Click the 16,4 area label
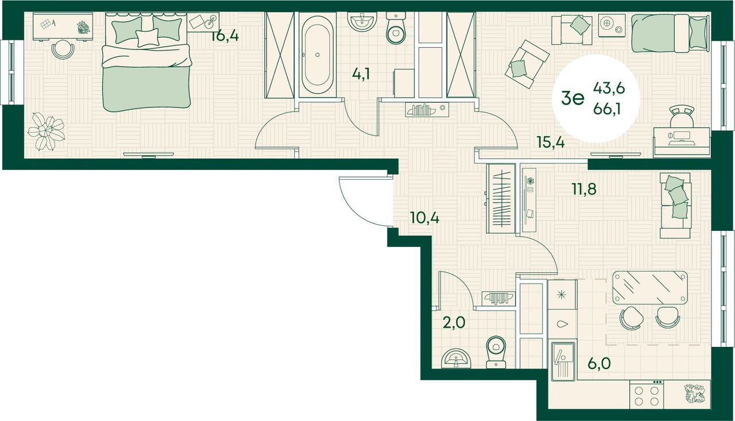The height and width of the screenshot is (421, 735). click(x=225, y=36)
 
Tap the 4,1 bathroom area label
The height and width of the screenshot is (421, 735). click(x=361, y=74)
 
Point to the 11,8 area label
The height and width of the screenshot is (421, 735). click(x=585, y=189)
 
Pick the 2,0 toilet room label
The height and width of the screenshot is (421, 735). click(x=454, y=323)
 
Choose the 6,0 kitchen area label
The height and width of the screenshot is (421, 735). click(x=599, y=363)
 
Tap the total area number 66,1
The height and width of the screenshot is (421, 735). click(x=607, y=110)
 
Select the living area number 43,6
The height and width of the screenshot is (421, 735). click(x=609, y=88)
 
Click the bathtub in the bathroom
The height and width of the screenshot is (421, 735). click(x=318, y=55)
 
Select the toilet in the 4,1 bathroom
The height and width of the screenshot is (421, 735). click(x=396, y=28)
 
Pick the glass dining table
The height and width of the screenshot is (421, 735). click(x=649, y=288)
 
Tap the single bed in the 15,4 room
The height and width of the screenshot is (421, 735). click(x=670, y=33)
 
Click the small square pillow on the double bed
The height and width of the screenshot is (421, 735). click(x=147, y=37)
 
